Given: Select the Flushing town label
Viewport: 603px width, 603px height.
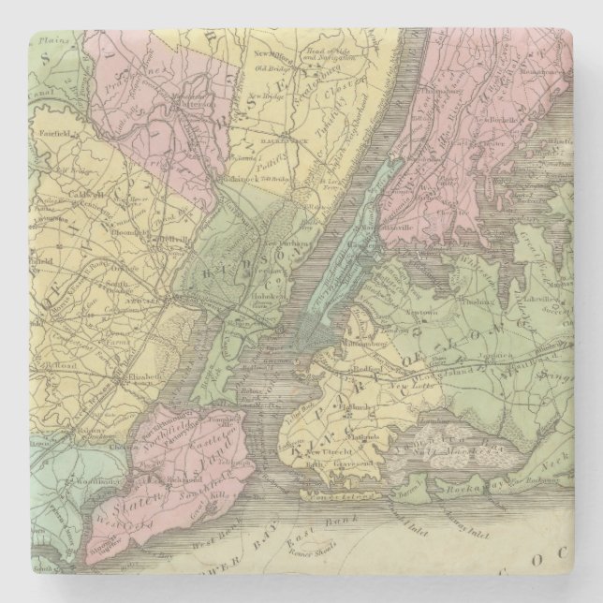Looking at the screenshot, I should (479, 303).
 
